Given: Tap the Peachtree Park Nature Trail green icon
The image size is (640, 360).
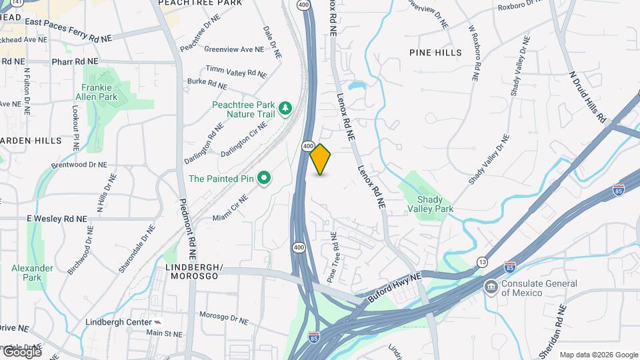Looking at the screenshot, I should tap(285, 108).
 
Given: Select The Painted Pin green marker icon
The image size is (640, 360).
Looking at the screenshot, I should tap(264, 178).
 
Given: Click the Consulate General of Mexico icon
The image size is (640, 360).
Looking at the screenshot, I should tap(491, 287).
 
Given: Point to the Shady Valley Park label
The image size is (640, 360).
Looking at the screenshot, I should tap(435, 204).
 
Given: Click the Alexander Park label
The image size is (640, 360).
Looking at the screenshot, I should tap(32, 272).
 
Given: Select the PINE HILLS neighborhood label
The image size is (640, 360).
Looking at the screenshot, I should tap(436, 52).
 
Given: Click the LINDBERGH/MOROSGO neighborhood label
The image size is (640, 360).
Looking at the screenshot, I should tap(193, 271).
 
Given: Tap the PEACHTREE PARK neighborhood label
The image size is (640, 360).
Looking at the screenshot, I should tap(199, 3).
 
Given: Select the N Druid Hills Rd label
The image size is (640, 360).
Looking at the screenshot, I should tap(587, 97).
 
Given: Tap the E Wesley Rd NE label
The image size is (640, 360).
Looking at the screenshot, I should tap(57, 219).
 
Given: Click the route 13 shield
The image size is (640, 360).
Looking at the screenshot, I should tap(482, 262).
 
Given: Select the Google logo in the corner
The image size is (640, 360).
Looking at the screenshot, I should tap(21, 351).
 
